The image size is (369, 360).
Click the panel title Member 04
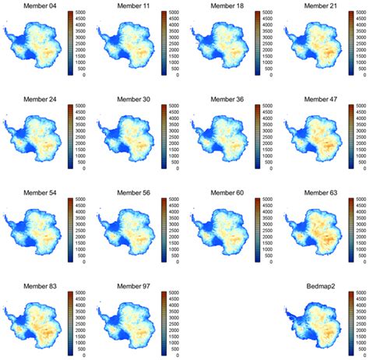(40, 6)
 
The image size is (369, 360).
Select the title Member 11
(133, 6)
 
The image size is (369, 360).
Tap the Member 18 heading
(227, 6)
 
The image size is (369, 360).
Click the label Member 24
(40, 99)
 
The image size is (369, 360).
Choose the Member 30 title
(133, 99)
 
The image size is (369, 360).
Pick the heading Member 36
(227, 99)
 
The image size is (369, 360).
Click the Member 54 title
(40, 192)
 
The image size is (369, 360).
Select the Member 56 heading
(133, 192)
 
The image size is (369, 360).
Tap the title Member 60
(227, 192)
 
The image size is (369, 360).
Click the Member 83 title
(40, 287)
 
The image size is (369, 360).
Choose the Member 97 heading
(133, 287)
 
